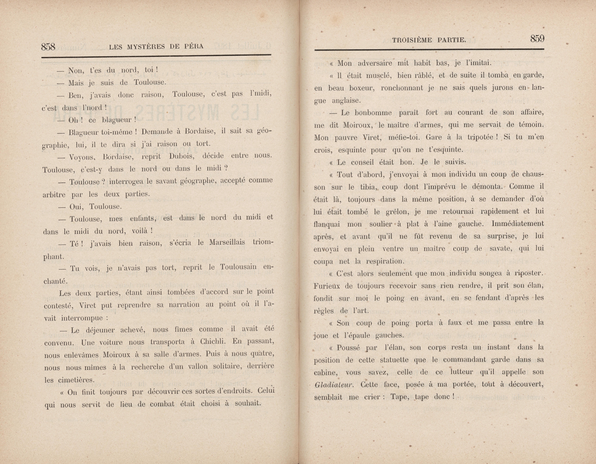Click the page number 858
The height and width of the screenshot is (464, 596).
tap(48, 47)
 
